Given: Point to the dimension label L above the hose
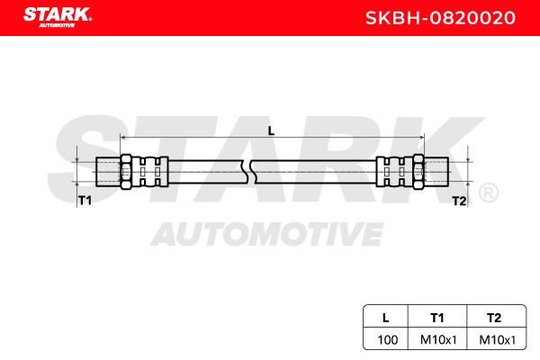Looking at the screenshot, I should tap(271, 130).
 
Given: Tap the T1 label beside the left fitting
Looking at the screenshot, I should tap(85, 201).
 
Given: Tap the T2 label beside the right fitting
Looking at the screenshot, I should tap(459, 201).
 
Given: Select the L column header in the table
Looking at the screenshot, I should tap(385, 316).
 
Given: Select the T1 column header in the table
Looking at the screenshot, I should tap(437, 316).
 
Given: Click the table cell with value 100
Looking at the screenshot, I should tap(385, 339).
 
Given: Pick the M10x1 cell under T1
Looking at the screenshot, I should tap(437, 339).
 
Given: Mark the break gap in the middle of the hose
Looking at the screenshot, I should tap(251, 169).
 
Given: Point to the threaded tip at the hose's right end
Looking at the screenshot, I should tap(436, 169).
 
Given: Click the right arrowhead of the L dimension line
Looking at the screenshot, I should tap(419, 137).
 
